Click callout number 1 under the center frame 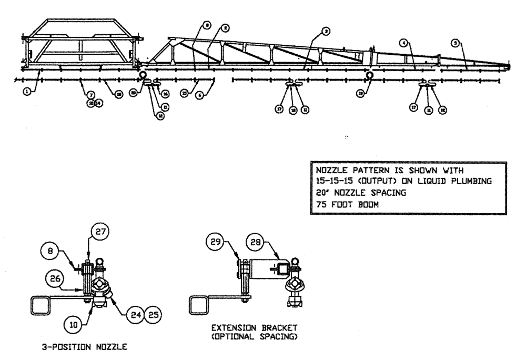pyautogui.click(x=26, y=91)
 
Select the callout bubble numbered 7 pyautogui.click(x=91, y=95)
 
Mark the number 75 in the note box pyautogui.click(x=320, y=206)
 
